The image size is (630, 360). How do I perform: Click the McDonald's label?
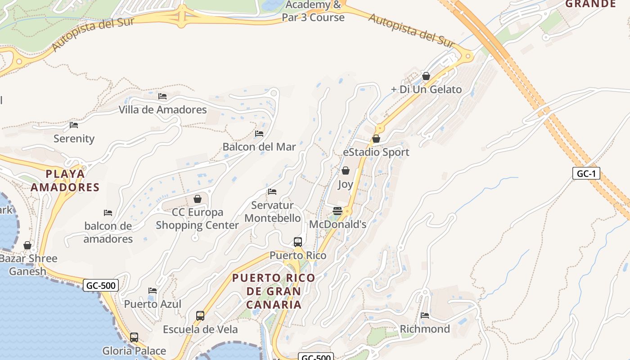(337, 224)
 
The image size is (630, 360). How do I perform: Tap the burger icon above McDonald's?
(337, 211)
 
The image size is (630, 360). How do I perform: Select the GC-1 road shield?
(586, 173)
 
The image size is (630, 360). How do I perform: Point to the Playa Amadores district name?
(65, 180)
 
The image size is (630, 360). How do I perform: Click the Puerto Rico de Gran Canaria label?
(273, 291)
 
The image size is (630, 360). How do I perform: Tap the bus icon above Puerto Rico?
(298, 242)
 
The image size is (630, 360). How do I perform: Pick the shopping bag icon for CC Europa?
(197, 199)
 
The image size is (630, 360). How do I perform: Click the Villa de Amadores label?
(162, 109)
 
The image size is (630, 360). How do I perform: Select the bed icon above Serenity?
(74, 125)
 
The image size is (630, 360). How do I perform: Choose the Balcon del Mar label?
(259, 147)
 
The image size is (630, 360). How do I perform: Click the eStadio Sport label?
(376, 152)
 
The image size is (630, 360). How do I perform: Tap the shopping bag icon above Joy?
(346, 171)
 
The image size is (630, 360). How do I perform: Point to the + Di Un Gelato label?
(426, 89)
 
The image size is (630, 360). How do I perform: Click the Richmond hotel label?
(425, 329)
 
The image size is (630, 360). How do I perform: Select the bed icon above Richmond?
(425, 315)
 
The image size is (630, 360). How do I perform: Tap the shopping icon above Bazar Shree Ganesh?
(27, 245)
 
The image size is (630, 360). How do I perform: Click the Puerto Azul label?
(153, 304)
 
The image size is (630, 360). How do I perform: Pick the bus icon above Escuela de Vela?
(200, 316)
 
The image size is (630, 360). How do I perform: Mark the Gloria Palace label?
(134, 351)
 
